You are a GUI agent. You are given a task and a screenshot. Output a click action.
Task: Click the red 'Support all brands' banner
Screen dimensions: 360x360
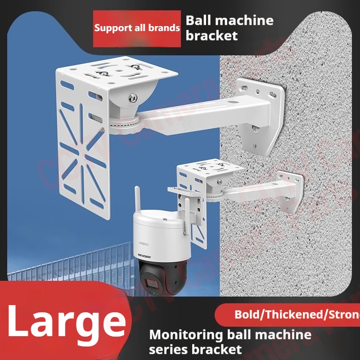[137, 28]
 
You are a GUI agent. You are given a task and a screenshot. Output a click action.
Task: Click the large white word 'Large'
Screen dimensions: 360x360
[66, 320]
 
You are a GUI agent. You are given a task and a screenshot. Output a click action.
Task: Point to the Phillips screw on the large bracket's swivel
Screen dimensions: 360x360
[134, 96]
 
